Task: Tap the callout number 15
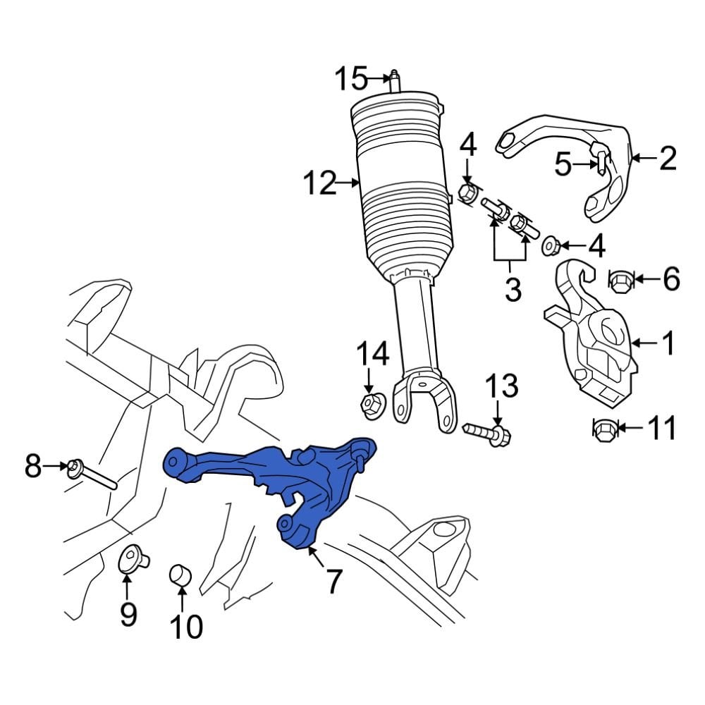tap(351, 78)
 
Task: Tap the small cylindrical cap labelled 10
tap(182, 575)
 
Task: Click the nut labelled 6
tap(620, 281)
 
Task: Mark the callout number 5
tap(563, 165)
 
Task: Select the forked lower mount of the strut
tap(423, 402)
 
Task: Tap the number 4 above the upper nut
tap(468, 147)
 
